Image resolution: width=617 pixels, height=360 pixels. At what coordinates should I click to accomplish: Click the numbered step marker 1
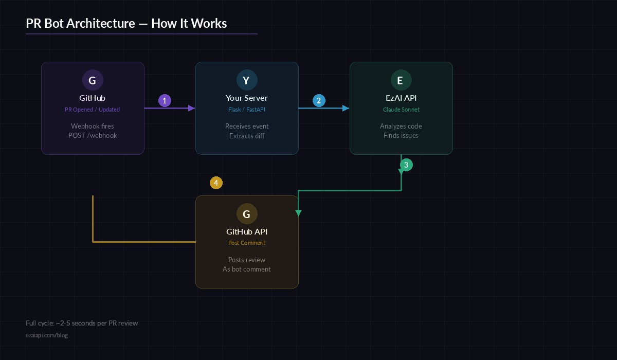tap(165, 101)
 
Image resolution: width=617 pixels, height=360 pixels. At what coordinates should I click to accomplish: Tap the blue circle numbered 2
tap(319, 101)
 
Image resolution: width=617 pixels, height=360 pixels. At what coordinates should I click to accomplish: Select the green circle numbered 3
tap(406, 165)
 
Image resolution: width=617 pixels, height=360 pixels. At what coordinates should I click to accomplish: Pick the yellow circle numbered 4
tap(216, 183)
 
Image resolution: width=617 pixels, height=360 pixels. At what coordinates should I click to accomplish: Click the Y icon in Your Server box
tap(247, 80)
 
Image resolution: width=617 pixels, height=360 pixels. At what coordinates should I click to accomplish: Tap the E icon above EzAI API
tap(401, 80)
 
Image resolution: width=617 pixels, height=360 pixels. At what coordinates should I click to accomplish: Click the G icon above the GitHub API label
tap(247, 214)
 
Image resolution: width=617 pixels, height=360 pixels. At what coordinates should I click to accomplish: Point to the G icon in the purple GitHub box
tap(93, 80)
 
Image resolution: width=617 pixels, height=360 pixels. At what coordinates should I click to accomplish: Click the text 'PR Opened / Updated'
tap(93, 110)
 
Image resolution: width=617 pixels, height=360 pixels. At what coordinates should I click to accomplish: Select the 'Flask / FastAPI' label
tap(247, 110)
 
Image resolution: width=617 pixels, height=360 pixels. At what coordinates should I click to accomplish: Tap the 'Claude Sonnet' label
tap(401, 110)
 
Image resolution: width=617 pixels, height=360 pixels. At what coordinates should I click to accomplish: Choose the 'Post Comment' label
tap(247, 243)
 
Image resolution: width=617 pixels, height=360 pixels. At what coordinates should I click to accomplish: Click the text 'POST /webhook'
tap(93, 135)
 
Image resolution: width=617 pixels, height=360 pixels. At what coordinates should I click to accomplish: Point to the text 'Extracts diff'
tap(247, 135)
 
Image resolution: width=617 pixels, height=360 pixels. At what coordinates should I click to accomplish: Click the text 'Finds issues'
tap(401, 135)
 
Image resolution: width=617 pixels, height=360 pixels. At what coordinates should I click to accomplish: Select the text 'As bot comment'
tap(247, 269)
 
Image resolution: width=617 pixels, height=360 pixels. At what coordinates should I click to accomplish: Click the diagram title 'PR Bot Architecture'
tap(126, 23)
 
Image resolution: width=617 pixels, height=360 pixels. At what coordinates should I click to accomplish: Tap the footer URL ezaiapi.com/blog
tap(47, 335)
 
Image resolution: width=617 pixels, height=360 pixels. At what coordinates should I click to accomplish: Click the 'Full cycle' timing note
tap(82, 323)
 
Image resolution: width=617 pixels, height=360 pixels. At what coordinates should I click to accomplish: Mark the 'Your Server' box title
tap(247, 98)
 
